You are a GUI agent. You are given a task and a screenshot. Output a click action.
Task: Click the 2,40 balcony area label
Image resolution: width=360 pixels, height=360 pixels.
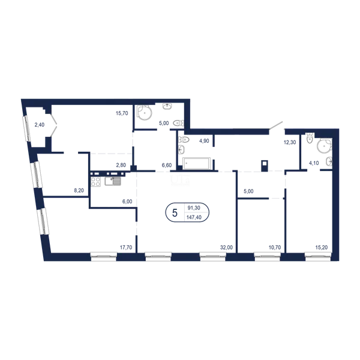point(39,125)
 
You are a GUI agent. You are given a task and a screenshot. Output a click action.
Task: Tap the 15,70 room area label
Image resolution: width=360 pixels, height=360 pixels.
point(122,113)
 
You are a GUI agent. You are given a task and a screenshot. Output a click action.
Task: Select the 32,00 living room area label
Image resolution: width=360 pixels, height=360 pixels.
point(226,247)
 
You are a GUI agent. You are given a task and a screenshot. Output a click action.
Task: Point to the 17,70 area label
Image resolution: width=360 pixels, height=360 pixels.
point(126,247)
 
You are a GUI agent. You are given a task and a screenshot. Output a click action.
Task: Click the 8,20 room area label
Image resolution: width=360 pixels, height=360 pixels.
point(79,190)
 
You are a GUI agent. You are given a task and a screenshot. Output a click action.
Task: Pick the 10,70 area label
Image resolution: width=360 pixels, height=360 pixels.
point(275,247)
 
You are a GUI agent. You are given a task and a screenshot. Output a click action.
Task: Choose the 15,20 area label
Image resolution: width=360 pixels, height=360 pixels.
point(322,247)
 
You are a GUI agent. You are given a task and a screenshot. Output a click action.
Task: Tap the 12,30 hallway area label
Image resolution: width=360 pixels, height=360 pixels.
point(290,142)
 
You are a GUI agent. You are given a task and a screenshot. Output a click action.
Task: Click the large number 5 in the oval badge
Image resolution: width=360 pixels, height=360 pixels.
point(175,213)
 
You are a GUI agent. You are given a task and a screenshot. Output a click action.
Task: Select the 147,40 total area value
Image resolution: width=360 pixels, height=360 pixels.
point(194,217)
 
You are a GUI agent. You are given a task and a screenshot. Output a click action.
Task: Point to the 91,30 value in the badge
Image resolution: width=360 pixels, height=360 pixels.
point(194,208)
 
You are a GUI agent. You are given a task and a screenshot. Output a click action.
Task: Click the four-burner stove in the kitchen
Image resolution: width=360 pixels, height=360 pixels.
point(96,182)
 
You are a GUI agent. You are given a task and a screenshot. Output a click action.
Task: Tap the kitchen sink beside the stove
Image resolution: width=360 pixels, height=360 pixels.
point(113,181)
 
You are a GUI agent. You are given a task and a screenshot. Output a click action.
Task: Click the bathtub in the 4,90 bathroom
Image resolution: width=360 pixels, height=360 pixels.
point(197,163)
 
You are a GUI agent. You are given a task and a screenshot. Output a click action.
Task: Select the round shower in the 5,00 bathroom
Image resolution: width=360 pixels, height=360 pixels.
point(145,113)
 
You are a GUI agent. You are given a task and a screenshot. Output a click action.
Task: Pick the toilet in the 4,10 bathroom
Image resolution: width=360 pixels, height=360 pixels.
point(310,138)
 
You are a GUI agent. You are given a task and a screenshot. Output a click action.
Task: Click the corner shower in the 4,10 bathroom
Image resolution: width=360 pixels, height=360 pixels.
point(325,146)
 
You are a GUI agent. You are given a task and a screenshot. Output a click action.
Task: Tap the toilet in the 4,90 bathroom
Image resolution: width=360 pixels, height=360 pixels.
point(184,139)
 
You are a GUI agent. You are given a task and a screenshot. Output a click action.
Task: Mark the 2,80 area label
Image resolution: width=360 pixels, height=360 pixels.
point(121,165)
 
